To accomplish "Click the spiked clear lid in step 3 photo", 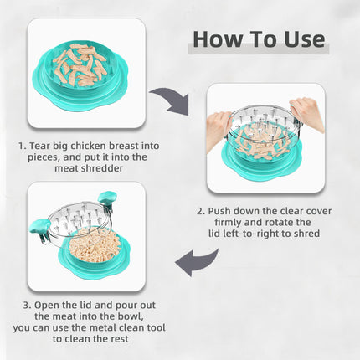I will coord(80,220).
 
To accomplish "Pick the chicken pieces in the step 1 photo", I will coord(84,63).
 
